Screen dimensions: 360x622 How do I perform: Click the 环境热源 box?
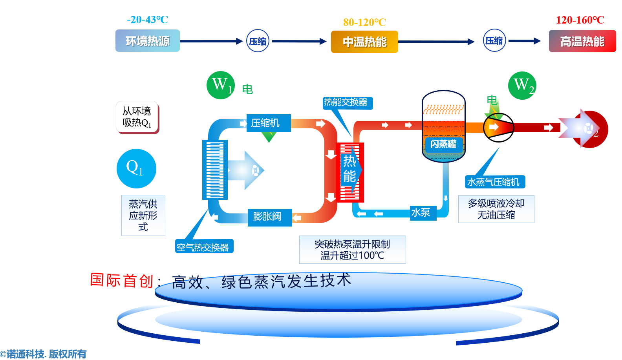coord(147,41)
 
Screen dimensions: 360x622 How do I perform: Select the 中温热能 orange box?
coord(364,42)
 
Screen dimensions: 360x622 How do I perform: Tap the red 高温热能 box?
coord(582,41)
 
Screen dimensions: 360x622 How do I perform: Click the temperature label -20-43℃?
coord(147,20)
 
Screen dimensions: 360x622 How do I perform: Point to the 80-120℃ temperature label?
coord(364,22)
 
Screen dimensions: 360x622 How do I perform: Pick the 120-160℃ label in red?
coord(580,20)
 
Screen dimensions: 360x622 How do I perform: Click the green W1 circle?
coord(221,85)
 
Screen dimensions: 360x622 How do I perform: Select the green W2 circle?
coord(522,86)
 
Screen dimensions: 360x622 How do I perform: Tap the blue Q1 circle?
coord(136,168)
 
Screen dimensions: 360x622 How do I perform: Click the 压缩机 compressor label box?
coord(269,123)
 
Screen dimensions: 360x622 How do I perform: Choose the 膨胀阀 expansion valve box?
coord(270,217)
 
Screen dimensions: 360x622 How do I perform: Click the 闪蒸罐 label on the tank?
coord(443,144)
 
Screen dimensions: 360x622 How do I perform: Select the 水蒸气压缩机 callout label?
coord(495,182)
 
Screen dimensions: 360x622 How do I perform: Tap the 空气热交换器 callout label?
coord(204,247)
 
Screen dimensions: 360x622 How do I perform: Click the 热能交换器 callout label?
coord(347,103)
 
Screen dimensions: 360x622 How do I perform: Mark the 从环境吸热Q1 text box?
coord(137,117)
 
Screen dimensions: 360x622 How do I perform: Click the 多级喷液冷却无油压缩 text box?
coord(496,209)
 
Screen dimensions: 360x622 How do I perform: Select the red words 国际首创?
coord(121,280)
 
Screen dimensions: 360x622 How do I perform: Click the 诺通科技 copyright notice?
coord(44,354)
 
